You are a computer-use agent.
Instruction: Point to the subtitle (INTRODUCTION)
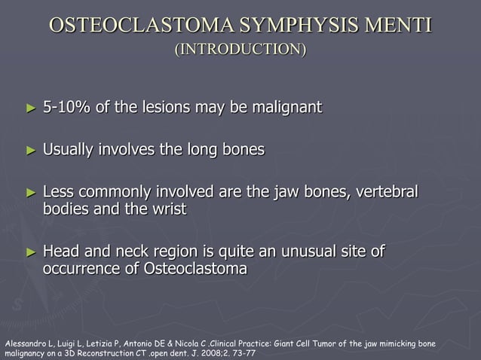point(240,50)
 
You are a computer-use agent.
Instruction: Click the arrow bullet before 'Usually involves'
point(31,151)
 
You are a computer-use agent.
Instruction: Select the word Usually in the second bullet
point(71,150)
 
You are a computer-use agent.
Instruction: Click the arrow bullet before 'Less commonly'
point(31,193)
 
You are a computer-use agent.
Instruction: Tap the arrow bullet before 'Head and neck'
point(31,252)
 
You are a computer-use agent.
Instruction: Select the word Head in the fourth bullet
point(60,251)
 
